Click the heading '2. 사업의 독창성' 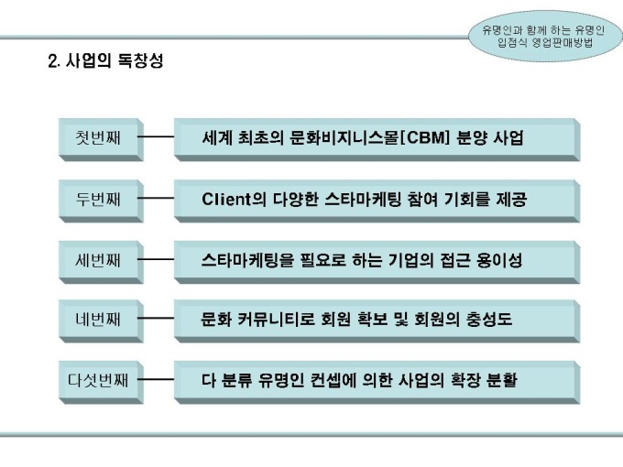tap(105, 60)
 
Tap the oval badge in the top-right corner tap(545, 36)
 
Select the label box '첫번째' tap(101, 139)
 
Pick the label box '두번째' tap(101, 201)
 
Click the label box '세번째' tap(101, 262)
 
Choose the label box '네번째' tap(101, 320)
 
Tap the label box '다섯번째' tap(101, 382)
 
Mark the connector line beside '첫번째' tap(156, 137)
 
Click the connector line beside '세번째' tap(156, 259)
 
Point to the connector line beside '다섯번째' tap(156, 380)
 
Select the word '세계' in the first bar tap(217, 137)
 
